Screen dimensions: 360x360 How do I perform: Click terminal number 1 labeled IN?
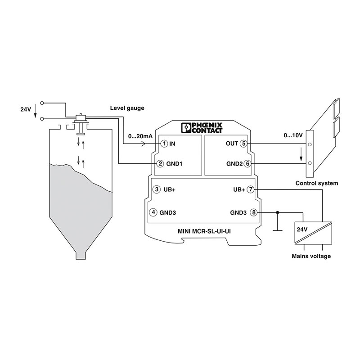165,144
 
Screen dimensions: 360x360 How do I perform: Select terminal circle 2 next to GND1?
160,163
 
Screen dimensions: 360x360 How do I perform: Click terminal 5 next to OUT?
243,144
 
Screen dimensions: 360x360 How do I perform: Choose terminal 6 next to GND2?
247,163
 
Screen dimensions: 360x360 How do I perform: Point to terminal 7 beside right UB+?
251,189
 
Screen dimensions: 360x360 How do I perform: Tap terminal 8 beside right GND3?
254,212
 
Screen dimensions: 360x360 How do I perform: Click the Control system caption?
316,183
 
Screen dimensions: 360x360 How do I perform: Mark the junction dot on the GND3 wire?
278,212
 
